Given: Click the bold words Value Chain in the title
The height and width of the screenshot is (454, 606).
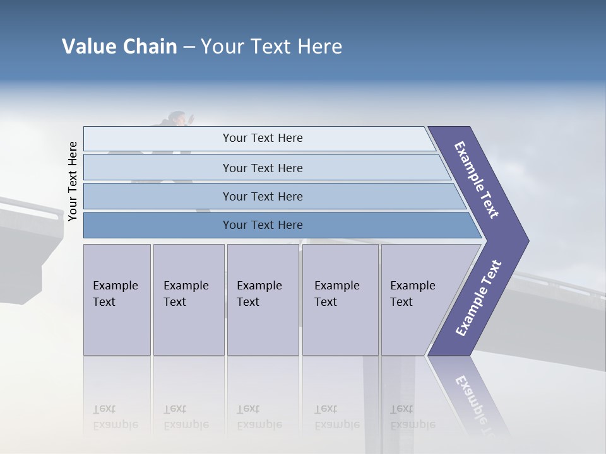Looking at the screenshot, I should [x=119, y=47].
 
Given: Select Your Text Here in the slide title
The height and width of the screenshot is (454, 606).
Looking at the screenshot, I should [x=271, y=47].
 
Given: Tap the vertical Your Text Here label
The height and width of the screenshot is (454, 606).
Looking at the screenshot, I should [x=73, y=181].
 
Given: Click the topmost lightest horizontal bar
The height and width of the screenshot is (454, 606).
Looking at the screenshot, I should [x=263, y=138].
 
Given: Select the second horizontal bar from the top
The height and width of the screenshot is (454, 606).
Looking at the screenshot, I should [x=263, y=168].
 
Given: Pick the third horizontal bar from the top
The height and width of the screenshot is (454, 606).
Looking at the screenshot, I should [x=263, y=196].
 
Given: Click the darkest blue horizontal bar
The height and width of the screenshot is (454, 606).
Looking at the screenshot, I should [x=263, y=225].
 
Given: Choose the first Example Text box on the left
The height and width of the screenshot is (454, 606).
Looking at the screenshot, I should [x=117, y=299].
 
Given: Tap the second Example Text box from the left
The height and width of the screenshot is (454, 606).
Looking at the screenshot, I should [x=188, y=299].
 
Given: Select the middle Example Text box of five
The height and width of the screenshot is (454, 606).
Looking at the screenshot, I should [x=263, y=299].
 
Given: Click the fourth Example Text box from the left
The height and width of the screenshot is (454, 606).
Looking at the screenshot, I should [x=340, y=299].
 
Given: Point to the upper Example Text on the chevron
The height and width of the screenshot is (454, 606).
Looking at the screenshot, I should [x=477, y=180].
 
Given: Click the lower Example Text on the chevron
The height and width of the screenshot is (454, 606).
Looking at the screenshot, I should [x=478, y=298].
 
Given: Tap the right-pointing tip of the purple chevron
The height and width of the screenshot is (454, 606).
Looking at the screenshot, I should [x=525, y=241].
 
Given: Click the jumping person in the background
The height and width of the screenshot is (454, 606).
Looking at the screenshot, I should [x=178, y=119].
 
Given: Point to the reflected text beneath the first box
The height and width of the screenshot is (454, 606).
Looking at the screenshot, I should [x=116, y=417].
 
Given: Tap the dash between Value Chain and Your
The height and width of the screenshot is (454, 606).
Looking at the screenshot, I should [x=189, y=47].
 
